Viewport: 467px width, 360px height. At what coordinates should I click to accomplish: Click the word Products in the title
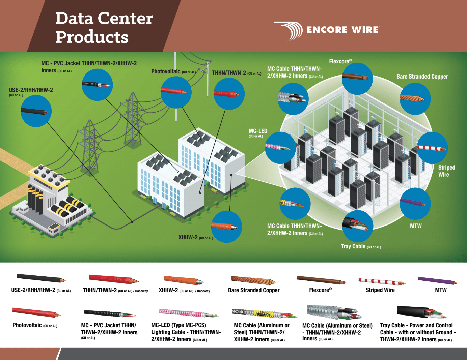pyautogui.click(x=92, y=37)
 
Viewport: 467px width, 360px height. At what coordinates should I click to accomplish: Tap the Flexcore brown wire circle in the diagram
pyautogui.click(x=357, y=78)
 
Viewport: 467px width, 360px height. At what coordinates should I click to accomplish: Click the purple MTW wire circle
pyautogui.click(x=415, y=203)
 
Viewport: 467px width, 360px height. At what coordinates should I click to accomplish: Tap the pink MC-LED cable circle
pyautogui.click(x=280, y=148)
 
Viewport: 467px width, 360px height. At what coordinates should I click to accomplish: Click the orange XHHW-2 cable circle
pyautogui.click(x=226, y=227)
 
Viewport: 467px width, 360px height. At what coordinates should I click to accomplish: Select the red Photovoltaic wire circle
pyautogui.click(x=176, y=92)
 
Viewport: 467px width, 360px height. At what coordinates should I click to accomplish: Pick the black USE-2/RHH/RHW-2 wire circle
pyautogui.click(x=36, y=111)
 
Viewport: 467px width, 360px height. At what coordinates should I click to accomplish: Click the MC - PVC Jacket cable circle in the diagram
pyautogui.click(x=97, y=84)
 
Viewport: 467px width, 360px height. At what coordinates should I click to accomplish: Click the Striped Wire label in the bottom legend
pyautogui.click(x=380, y=290)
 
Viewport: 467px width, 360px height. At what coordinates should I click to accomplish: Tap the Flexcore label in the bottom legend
pyautogui.click(x=320, y=290)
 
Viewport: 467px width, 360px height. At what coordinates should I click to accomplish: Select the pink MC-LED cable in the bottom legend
pyautogui.click(x=188, y=313)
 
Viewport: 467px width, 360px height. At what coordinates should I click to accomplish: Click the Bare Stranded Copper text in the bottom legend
pyautogui.click(x=254, y=290)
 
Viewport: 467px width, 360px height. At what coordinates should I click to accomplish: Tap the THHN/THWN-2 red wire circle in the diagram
pyautogui.click(x=229, y=94)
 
